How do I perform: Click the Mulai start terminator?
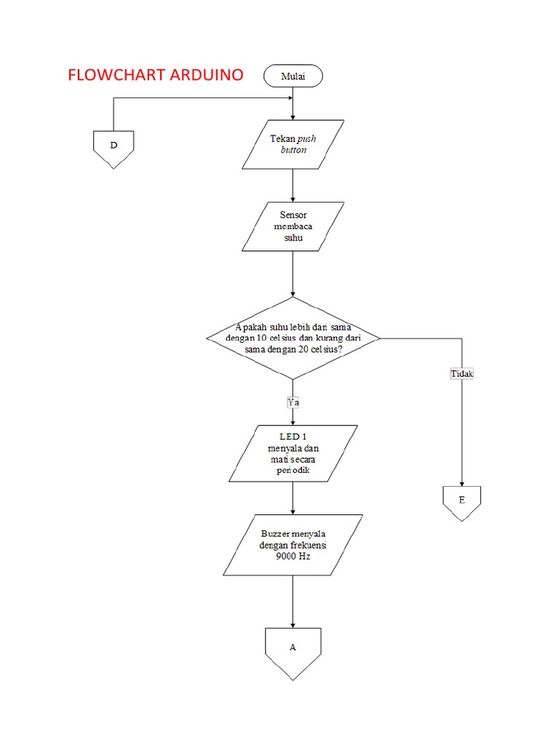tap(293, 76)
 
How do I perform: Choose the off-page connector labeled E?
tap(461, 502)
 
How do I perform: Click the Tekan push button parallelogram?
tap(293, 144)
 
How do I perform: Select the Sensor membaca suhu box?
tap(293, 226)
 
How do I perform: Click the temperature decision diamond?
tap(293, 338)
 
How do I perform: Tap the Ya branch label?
tap(293, 402)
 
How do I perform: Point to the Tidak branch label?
tap(462, 374)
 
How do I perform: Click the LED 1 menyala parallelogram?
tap(293, 453)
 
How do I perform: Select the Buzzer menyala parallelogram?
tap(293, 545)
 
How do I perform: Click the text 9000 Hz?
tap(293, 557)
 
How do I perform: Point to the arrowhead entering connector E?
tap(461, 482)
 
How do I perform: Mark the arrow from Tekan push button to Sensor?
tap(293, 186)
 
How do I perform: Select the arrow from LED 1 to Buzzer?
tap(293, 498)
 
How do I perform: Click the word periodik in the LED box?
tap(293, 470)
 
